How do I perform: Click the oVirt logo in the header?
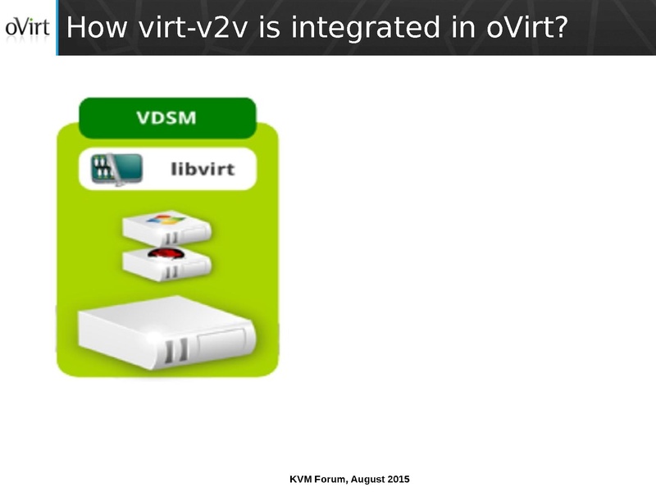coord(27,28)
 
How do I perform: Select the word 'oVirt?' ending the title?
coord(526,28)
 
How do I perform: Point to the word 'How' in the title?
coord(93,28)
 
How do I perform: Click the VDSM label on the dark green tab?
coord(166,117)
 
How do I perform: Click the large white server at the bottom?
coord(167,336)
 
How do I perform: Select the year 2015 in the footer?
coord(399,478)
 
